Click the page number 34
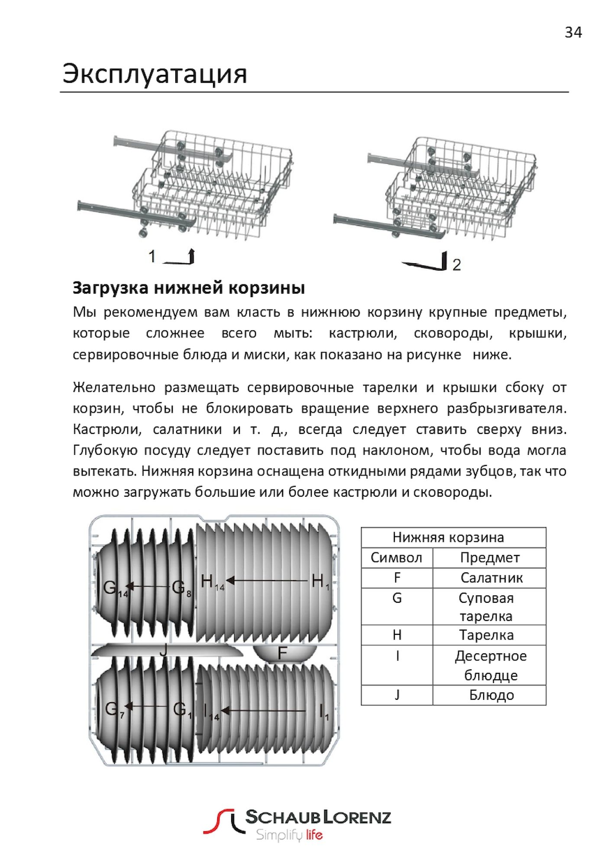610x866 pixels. click(x=573, y=32)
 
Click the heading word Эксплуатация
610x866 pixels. click(x=155, y=74)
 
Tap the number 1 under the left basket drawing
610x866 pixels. click(x=152, y=256)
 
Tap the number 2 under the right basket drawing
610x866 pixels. click(x=457, y=265)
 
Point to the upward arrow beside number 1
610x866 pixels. click(x=191, y=256)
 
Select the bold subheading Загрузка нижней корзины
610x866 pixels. click(x=189, y=288)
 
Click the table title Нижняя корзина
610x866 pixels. click(x=448, y=537)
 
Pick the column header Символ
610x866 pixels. click(x=396, y=558)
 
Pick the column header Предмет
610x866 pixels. click(x=490, y=558)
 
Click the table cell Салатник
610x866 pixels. click(x=491, y=578)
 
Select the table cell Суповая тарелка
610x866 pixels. click(x=486, y=607)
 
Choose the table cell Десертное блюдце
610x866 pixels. click(x=491, y=666)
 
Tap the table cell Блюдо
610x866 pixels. click(x=491, y=695)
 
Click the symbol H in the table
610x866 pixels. click(x=397, y=635)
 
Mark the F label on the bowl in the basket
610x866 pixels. click(x=282, y=653)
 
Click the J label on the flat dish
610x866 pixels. click(x=163, y=649)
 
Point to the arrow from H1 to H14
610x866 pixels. click(x=267, y=581)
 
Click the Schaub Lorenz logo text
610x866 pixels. click(x=318, y=818)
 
